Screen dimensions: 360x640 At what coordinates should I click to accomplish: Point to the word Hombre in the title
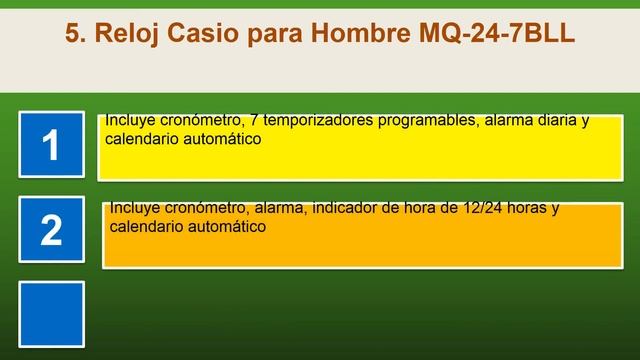359,33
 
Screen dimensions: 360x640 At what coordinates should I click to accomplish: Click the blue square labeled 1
51,146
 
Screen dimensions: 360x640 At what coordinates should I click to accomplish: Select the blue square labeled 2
51,230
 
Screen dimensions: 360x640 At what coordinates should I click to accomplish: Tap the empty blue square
51,312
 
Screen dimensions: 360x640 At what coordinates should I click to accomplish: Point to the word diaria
553,121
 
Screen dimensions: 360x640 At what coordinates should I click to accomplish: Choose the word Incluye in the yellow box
130,121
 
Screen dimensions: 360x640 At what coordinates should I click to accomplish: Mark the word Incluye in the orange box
135,208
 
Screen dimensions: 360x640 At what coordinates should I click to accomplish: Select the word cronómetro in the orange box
206,208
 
